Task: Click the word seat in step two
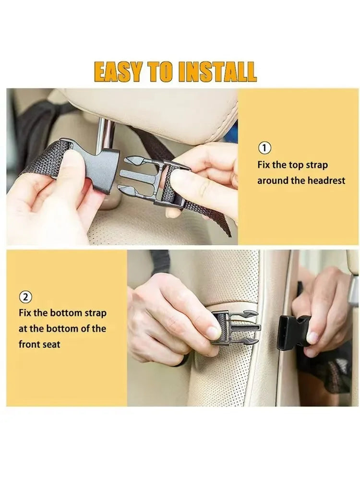52,344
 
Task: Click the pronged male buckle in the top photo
144,178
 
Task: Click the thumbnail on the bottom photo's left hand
214,332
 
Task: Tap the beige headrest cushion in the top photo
158,110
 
